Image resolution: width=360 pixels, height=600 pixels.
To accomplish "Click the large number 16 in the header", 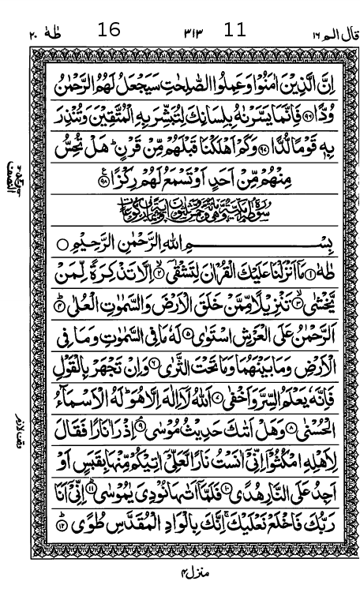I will pyautogui.click(x=109, y=31).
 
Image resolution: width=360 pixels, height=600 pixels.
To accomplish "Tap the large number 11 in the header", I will pyautogui.click(x=235, y=31).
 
